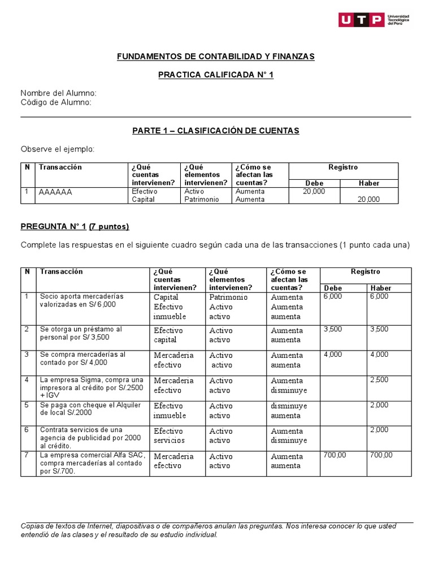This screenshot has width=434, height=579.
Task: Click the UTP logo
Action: pos(375,20)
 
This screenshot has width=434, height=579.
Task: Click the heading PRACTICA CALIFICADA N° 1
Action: pos(215,75)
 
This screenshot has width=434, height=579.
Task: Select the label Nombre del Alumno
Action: pos(59,93)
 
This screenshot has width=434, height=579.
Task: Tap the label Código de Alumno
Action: pos(56,102)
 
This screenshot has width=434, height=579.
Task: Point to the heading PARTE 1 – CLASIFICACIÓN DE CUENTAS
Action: pos(215,131)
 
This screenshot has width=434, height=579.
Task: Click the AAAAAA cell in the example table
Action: pos(55,192)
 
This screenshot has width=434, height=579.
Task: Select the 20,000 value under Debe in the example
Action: pos(314,192)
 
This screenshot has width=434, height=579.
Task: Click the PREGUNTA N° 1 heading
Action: pos(53,227)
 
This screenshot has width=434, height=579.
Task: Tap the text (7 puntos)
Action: pos(109,227)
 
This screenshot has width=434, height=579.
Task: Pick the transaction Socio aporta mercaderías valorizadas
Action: pos(81,300)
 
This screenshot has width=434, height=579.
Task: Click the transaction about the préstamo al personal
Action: pos(80,333)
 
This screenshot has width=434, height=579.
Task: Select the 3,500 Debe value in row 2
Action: pos(332,329)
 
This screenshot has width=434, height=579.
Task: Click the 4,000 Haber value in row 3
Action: pos(379,355)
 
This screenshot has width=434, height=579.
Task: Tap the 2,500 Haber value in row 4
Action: pos(379,380)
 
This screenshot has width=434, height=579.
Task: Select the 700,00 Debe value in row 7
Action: pos(334,455)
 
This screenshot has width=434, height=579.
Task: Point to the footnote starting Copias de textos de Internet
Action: pos(209,530)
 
